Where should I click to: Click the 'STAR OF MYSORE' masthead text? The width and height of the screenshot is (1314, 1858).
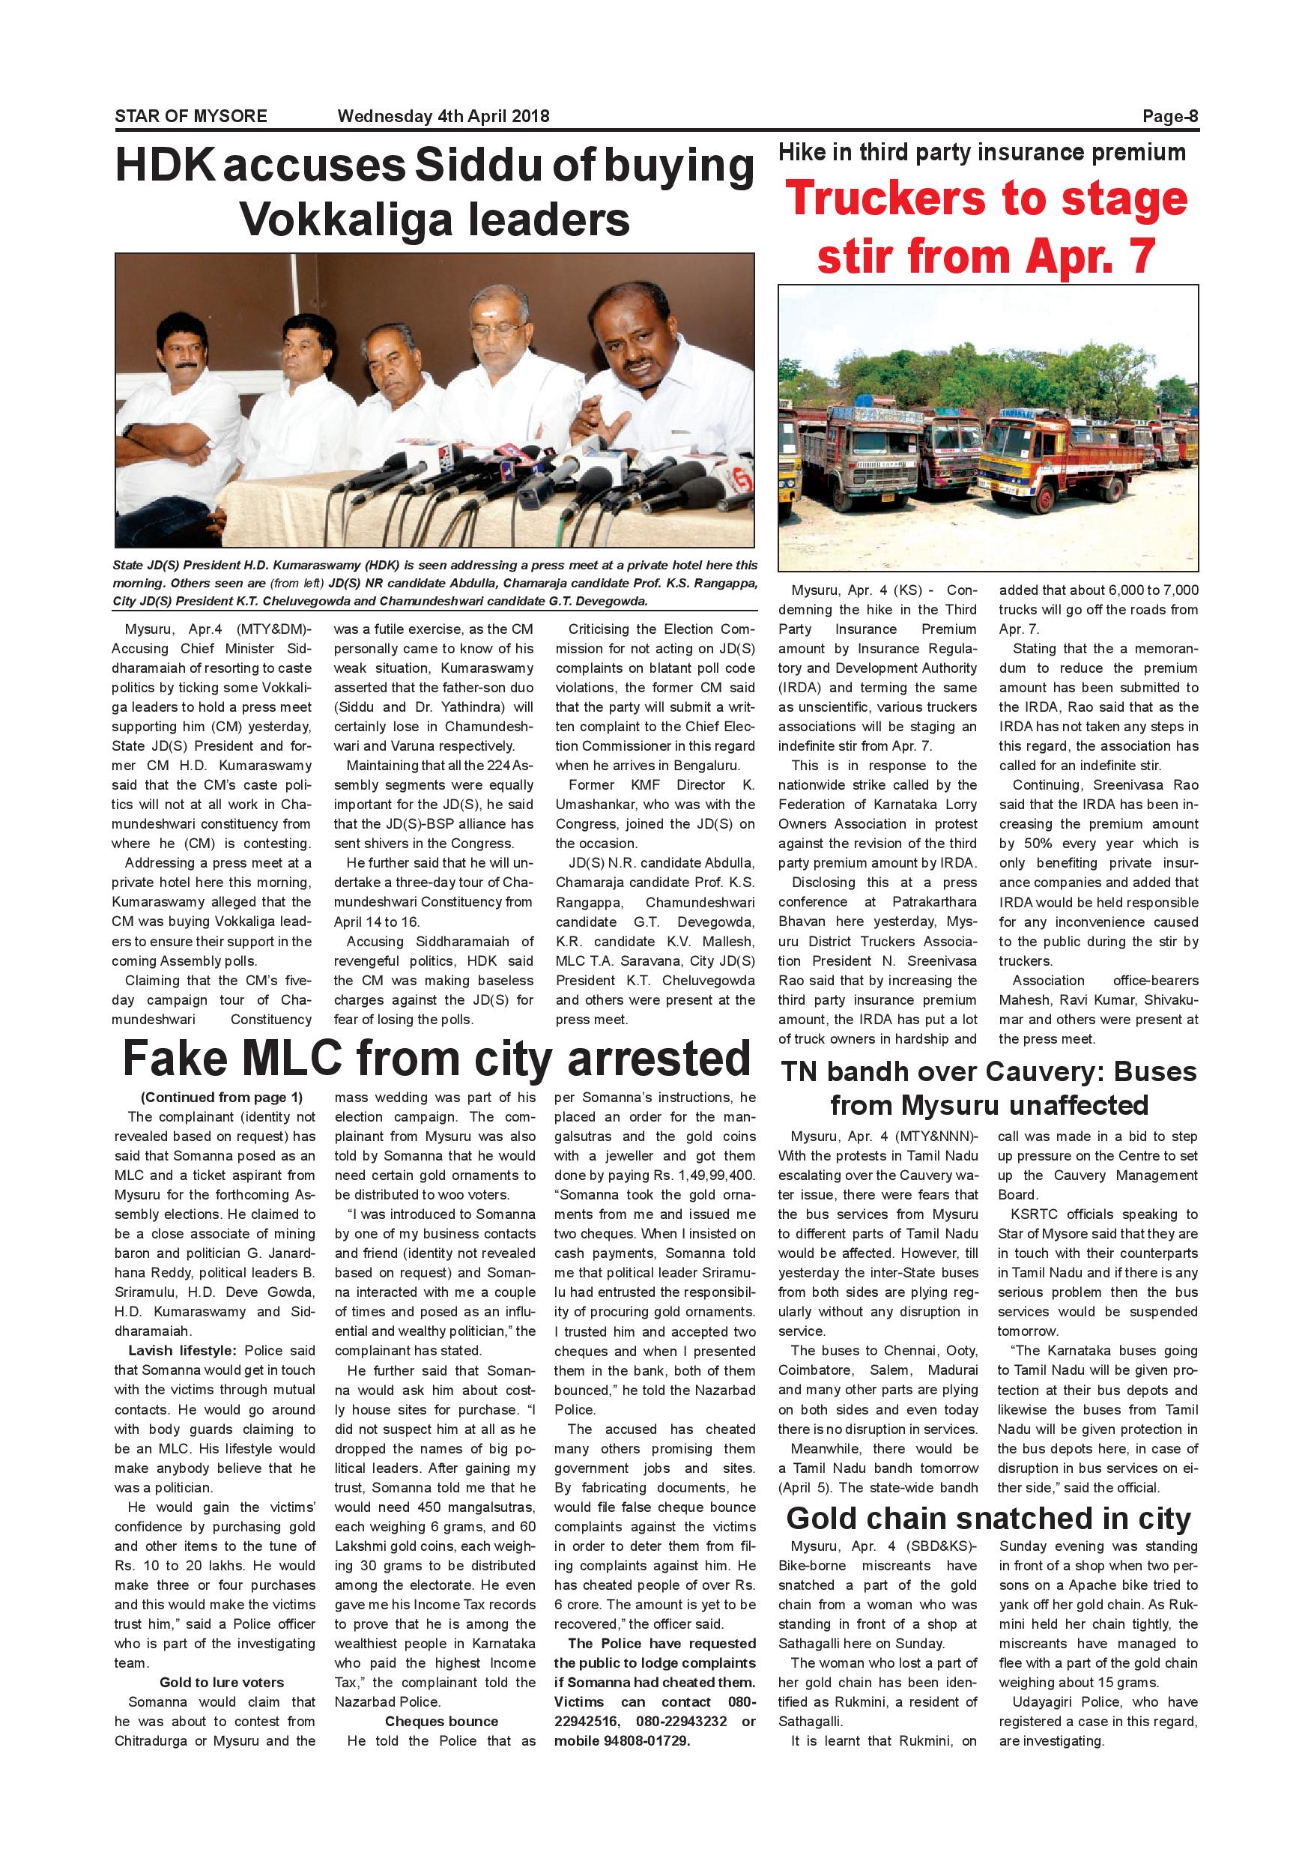pos(191,115)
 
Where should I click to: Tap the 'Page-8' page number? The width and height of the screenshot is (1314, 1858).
pos(1169,115)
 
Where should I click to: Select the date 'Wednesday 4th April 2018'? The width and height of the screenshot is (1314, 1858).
pos(443,115)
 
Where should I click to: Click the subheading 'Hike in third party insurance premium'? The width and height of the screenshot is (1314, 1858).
pos(981,152)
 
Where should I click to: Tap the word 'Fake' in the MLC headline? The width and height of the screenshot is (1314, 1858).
pos(174,1059)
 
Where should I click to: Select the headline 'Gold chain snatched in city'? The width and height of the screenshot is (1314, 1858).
pos(988,1518)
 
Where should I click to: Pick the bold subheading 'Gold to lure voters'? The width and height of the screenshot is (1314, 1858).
pos(222,1683)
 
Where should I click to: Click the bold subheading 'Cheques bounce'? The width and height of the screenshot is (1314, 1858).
pos(441,1721)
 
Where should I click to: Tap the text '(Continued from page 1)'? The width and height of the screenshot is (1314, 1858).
pos(222,1098)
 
